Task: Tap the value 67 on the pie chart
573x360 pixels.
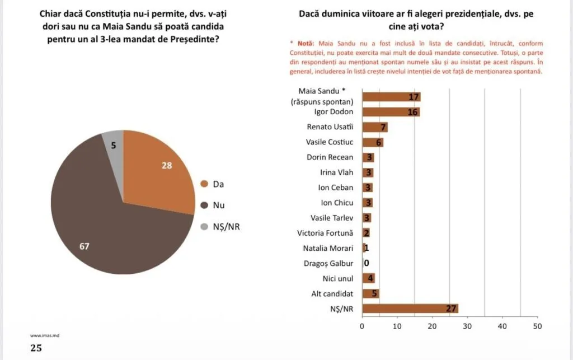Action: (84, 246)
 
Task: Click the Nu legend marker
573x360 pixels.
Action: (204, 205)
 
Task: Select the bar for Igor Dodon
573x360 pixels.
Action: (391, 112)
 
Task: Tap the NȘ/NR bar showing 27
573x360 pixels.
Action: (410, 308)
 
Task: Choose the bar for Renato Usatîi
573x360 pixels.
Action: (375, 127)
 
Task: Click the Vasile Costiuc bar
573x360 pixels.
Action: (373, 142)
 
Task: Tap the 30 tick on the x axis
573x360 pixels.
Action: (467, 326)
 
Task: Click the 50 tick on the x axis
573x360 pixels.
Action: (537, 326)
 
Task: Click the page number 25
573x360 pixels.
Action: (36, 348)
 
